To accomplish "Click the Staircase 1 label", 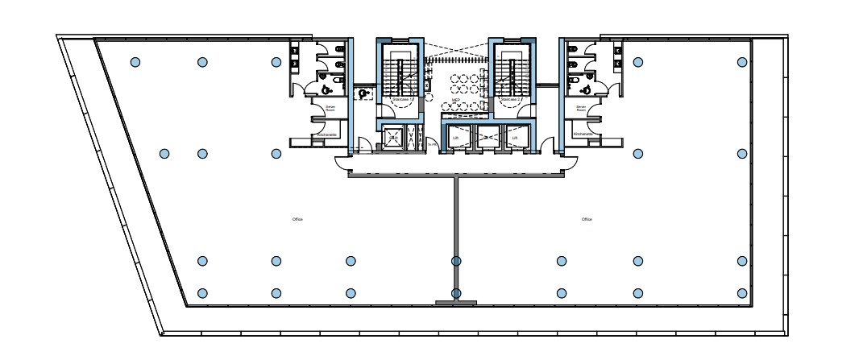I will [x=401, y=100].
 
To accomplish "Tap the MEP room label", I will [x=455, y=100].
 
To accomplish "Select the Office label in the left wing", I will [x=297, y=219].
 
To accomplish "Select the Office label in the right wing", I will [x=587, y=219].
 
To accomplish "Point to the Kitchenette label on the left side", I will [x=327, y=134].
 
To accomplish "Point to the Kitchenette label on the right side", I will [x=583, y=134].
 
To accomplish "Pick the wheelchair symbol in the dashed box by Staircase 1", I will [x=365, y=93].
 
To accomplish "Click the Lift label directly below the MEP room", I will [x=456, y=138].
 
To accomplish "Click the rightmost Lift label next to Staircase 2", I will [x=514, y=138].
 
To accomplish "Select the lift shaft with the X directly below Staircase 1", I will [x=394, y=139].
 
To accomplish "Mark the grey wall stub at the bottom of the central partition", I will [x=456, y=303].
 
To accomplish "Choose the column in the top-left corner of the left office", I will [x=135, y=62].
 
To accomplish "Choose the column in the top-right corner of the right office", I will [x=742, y=62].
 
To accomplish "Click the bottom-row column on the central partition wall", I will [x=456, y=293].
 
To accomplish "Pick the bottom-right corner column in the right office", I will [x=742, y=293].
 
